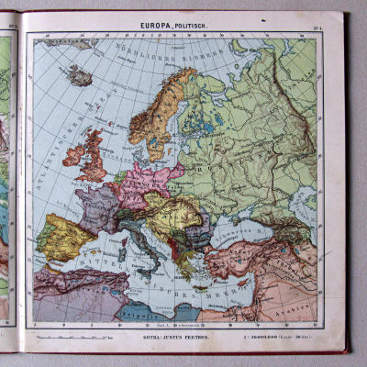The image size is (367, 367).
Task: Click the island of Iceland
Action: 80,74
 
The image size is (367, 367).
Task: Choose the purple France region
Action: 97,206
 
